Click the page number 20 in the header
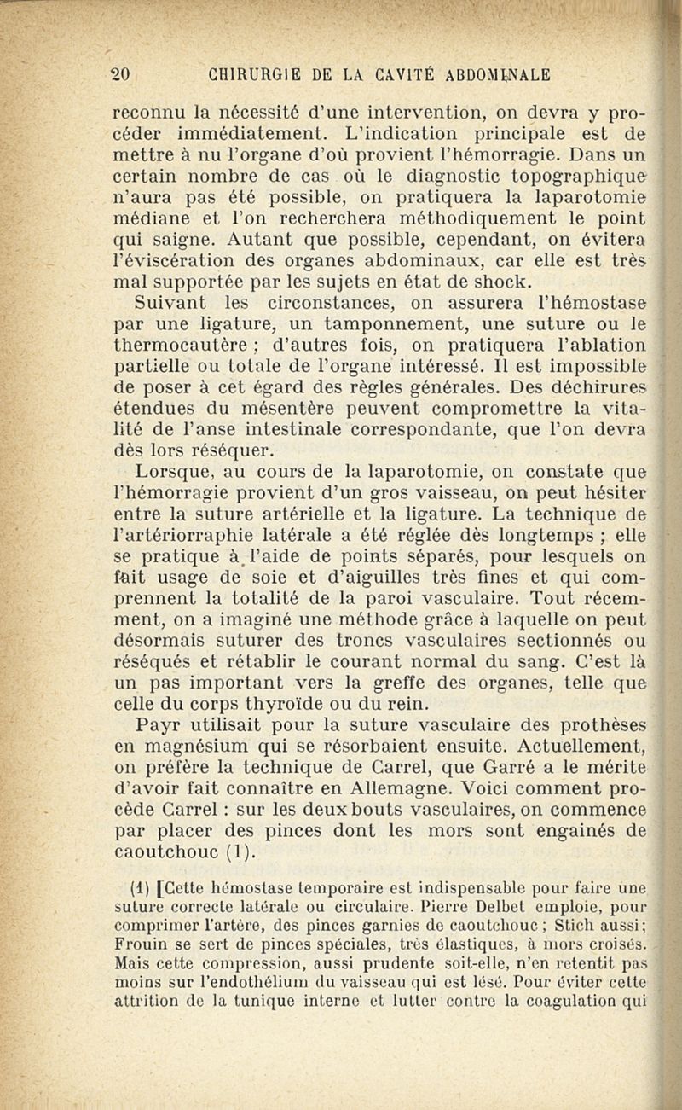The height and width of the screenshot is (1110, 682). pyautogui.click(x=122, y=74)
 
